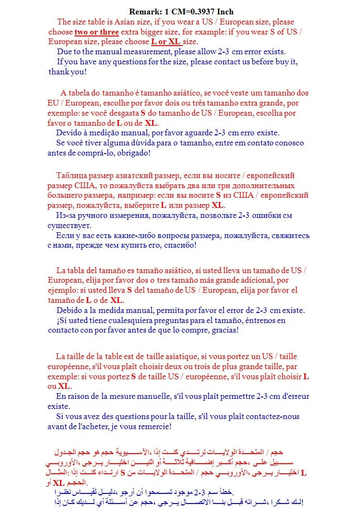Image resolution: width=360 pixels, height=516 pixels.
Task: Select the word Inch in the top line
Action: click(x=224, y=12)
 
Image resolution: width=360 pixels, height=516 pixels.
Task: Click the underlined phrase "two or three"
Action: click(x=96, y=32)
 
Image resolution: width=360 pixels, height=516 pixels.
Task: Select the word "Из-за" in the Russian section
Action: click(x=65, y=216)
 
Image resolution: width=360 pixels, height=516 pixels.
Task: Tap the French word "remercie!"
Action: click(x=154, y=426)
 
